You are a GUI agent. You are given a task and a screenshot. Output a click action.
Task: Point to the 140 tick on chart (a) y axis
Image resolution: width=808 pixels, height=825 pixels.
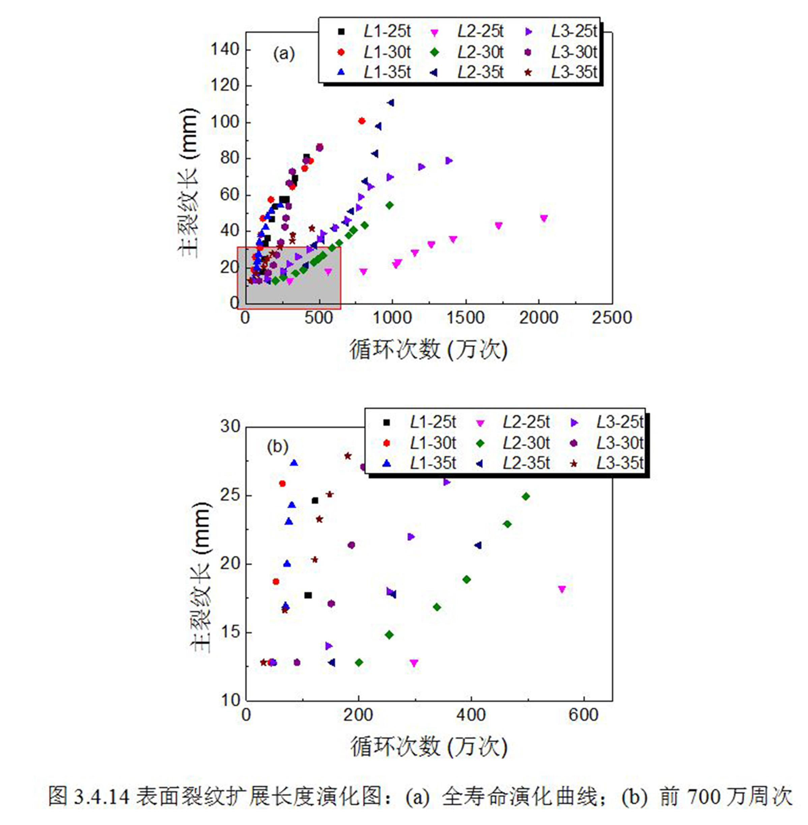pyautogui.click(x=225, y=50)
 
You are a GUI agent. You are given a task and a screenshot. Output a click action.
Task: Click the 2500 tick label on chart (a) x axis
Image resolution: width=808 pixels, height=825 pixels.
pyautogui.click(x=612, y=318)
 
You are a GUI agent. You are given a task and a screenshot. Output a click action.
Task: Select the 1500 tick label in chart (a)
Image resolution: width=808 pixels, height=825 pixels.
pyautogui.click(x=466, y=318)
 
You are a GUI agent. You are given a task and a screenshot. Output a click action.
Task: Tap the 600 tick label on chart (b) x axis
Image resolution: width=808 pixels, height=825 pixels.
pyautogui.click(x=583, y=715)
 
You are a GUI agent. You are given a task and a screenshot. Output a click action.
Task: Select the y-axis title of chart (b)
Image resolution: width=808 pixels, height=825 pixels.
pyautogui.click(x=200, y=577)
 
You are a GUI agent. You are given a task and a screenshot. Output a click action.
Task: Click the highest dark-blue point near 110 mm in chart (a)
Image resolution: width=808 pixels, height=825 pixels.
pyautogui.click(x=391, y=103)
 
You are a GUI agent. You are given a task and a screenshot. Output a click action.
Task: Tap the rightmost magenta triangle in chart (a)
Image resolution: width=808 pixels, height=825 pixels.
pyautogui.click(x=544, y=218)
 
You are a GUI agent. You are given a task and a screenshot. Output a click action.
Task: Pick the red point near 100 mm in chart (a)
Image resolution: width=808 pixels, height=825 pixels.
pyautogui.click(x=362, y=121)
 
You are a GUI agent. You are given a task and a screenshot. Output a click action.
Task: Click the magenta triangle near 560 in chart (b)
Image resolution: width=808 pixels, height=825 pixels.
pyautogui.click(x=562, y=589)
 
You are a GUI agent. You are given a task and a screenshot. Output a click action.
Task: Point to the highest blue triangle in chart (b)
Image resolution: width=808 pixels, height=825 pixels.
pyautogui.click(x=294, y=463)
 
